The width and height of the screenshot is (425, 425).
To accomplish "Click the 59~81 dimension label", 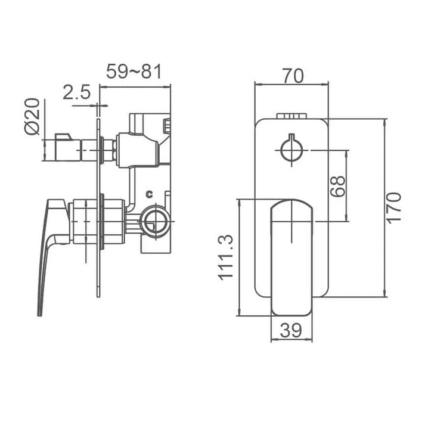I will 134,73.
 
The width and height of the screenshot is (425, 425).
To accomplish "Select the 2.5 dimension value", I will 76,92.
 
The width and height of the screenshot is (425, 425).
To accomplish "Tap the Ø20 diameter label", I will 33,117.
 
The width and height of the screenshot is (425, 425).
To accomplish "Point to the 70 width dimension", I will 292,76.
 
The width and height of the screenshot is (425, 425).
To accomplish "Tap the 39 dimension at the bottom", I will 292,330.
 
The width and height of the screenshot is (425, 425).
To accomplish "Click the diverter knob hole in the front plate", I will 292,149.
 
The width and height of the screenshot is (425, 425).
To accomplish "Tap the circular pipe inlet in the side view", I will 156,221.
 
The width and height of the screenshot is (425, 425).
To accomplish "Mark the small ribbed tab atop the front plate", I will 292,116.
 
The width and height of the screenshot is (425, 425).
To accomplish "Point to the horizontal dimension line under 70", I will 292,84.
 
